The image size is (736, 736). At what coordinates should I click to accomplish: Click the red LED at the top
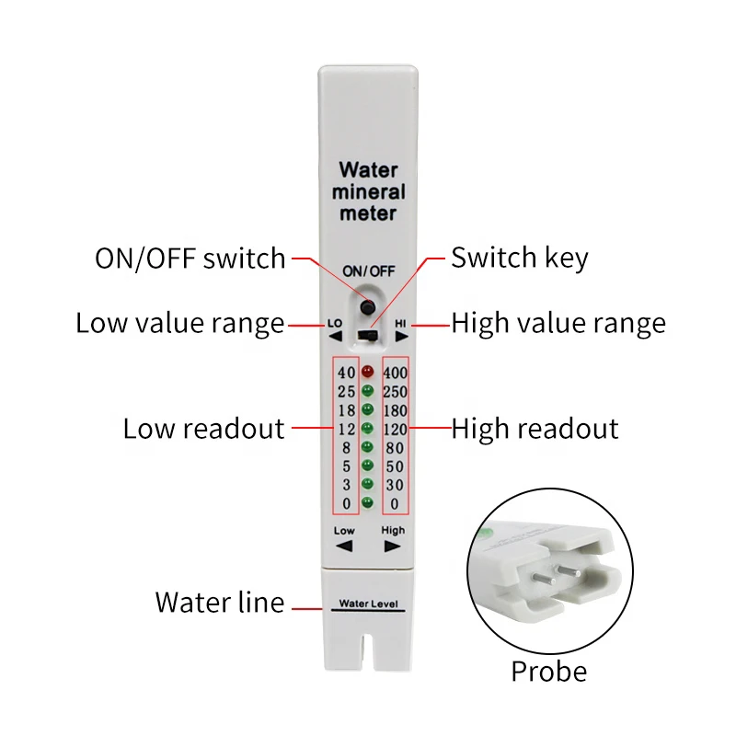tap(368, 373)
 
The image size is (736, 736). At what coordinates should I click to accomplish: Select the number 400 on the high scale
tap(396, 373)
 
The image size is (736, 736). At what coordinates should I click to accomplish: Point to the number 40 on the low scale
tap(346, 373)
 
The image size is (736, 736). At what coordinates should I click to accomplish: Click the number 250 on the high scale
tap(396, 392)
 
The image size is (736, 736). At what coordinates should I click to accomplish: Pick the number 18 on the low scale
tap(346, 410)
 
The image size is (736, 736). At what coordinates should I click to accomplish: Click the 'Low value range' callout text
tap(179, 324)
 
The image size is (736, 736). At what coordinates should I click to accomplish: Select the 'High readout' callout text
tap(535, 429)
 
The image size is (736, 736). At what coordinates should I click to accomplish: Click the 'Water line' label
tap(219, 603)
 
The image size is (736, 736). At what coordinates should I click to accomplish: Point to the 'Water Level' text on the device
tap(368, 604)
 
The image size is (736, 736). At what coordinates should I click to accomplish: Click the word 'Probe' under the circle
tap(548, 672)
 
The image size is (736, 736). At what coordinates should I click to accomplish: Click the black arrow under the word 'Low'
tap(344, 545)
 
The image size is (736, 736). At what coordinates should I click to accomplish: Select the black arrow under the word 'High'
tap(393, 545)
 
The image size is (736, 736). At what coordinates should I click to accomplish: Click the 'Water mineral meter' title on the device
tap(368, 191)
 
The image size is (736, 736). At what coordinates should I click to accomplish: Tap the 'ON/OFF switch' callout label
tap(190, 259)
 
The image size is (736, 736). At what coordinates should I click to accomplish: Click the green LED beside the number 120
tap(368, 429)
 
